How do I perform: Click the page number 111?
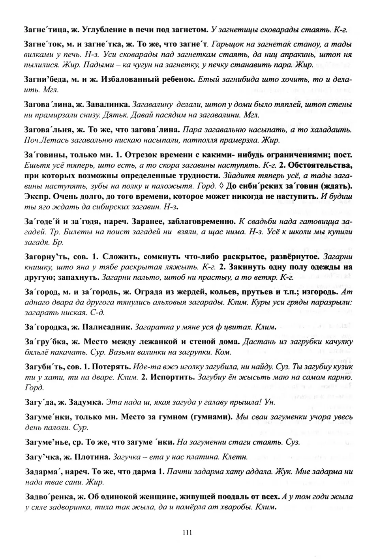(x=188, y=533)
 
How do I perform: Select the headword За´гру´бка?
(x=44, y=342)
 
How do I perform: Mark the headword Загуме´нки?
(x=47, y=417)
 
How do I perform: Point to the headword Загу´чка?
(x=40, y=457)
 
